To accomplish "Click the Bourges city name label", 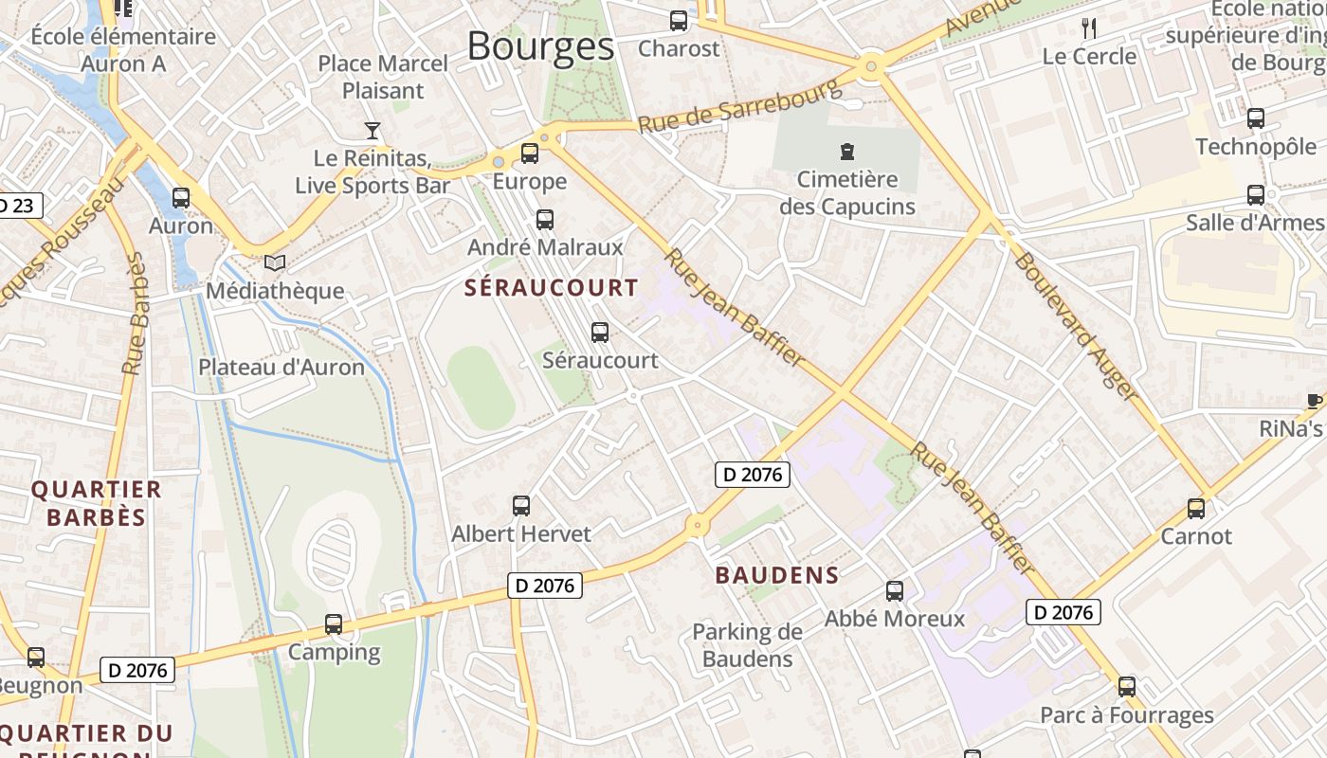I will [540, 45].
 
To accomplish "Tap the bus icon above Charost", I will [679, 20].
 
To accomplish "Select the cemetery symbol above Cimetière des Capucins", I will [846, 151].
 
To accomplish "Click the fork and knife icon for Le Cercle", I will [1089, 28].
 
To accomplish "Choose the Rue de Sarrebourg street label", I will [739, 106].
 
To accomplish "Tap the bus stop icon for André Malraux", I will [545, 220].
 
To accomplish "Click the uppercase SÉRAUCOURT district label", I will [552, 288].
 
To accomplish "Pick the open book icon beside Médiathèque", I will [275, 262].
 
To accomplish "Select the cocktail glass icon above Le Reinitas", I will [373, 130].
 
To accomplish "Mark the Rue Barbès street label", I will [136, 313].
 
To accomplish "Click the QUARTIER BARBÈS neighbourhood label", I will [96, 503].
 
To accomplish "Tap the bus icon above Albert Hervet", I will [521, 506].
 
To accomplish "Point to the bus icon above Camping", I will [334, 624].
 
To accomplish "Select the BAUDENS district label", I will [777, 575].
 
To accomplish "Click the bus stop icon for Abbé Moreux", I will [895, 591].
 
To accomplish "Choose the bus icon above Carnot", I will [1196, 509].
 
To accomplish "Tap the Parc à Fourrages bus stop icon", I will [1127, 687].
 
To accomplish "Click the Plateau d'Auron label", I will [282, 367].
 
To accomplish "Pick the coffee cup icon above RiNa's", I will [1315, 401].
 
